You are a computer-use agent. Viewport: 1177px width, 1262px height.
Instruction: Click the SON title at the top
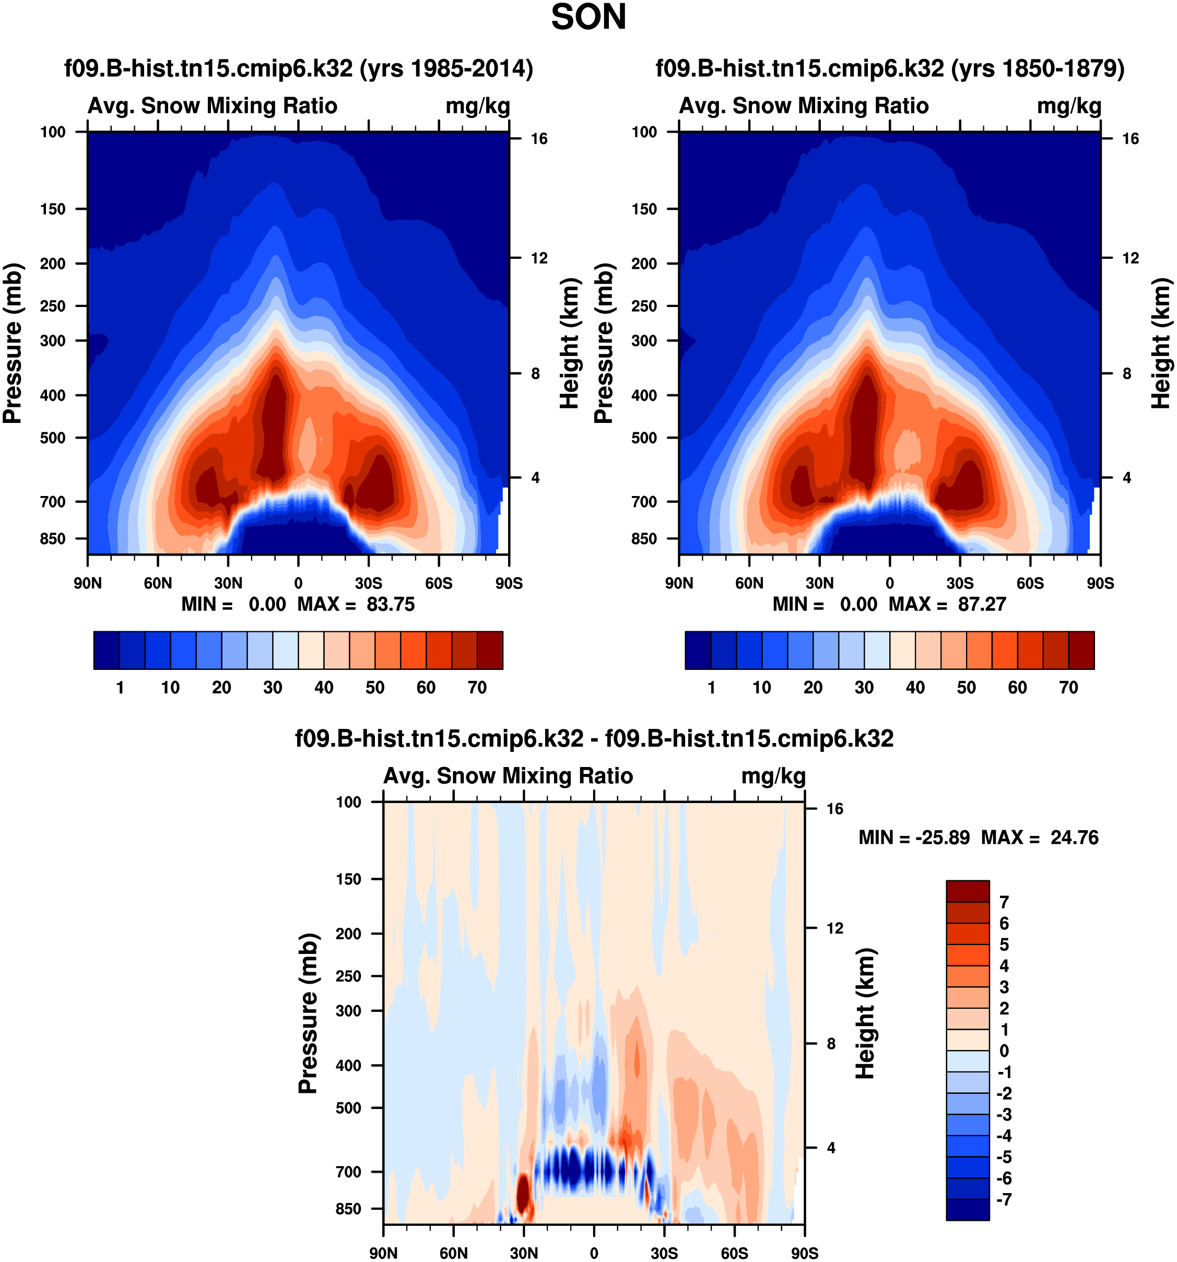coord(588,17)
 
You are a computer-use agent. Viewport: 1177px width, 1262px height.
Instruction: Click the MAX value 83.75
coord(391,604)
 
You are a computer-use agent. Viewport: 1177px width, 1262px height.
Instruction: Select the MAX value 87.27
coord(982,604)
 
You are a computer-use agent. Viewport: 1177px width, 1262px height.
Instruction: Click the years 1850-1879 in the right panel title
coord(1038,68)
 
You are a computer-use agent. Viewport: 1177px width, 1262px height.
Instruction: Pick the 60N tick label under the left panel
coord(158,583)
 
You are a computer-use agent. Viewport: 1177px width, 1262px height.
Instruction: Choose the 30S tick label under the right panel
coord(959,583)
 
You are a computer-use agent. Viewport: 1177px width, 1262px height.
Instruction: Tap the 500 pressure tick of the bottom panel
coord(348,1108)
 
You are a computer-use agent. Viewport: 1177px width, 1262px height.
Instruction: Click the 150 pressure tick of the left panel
coord(53,209)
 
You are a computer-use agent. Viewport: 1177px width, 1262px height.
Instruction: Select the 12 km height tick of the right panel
coord(1130,258)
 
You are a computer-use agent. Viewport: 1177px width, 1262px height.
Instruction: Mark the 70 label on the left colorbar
coord(477,688)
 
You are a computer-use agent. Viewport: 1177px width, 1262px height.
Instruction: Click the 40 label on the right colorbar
coord(915,688)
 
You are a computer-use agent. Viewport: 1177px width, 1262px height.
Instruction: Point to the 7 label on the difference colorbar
coord(1004,902)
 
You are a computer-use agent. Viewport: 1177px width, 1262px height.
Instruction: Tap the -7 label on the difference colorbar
coord(1004,1199)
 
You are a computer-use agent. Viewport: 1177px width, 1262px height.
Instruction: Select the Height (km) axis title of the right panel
coord(1160,343)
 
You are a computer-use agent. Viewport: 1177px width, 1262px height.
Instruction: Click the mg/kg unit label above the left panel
coord(477,106)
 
